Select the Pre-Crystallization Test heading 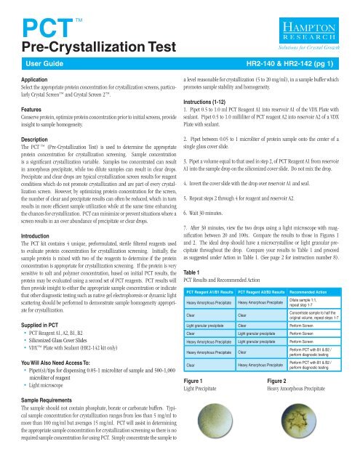tap(84, 49)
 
